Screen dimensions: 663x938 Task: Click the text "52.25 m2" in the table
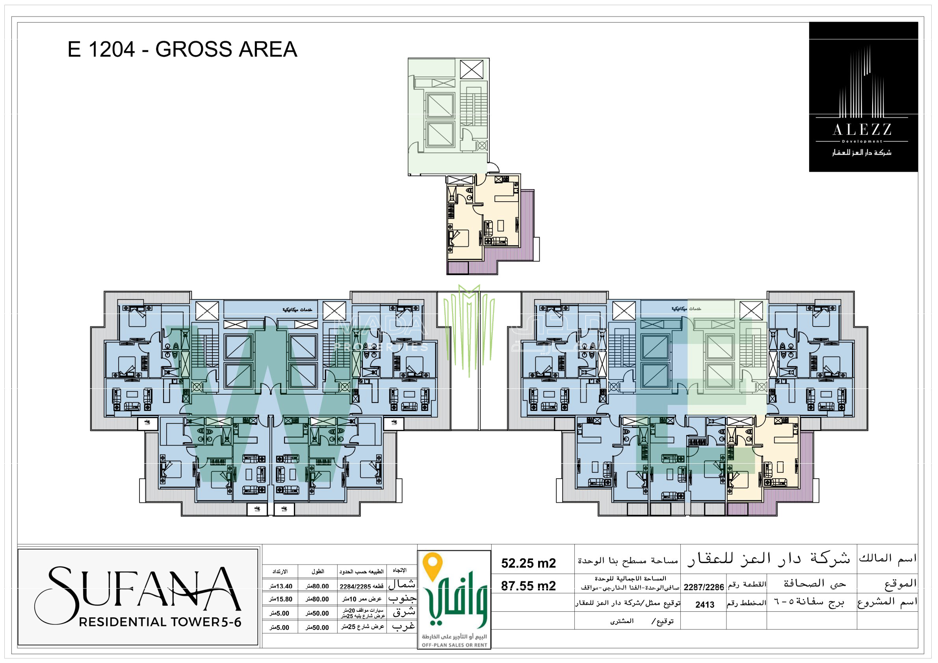click(x=528, y=563)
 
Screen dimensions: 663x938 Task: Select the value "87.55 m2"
click(x=528, y=586)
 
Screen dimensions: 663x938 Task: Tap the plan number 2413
click(x=704, y=605)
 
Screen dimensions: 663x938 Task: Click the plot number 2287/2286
click(x=704, y=587)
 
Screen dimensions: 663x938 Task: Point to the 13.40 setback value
click(x=281, y=586)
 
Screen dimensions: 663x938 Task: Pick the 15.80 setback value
click(x=281, y=599)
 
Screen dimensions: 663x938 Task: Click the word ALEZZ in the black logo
click(x=862, y=130)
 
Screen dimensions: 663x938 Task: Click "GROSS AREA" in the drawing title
click(x=226, y=49)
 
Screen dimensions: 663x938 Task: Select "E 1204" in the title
click(x=101, y=49)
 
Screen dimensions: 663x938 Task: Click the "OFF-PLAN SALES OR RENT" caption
click(x=454, y=645)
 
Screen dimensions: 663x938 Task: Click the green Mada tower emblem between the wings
click(x=469, y=327)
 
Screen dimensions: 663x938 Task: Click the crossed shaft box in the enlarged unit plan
click(x=472, y=69)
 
